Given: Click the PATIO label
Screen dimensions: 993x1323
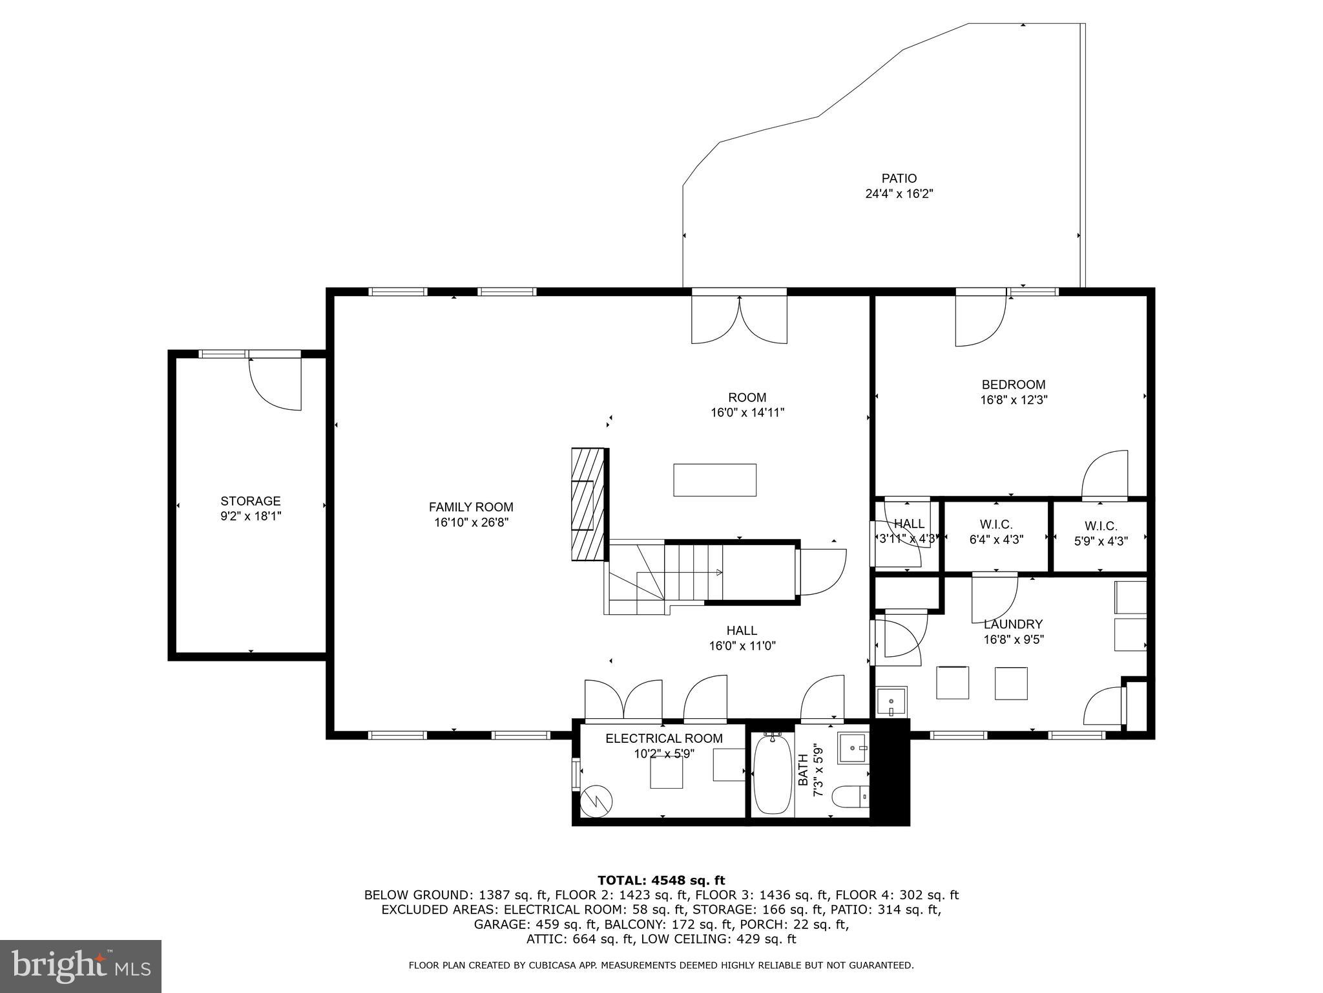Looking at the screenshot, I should (x=899, y=178).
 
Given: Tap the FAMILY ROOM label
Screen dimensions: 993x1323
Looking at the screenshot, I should (x=471, y=507).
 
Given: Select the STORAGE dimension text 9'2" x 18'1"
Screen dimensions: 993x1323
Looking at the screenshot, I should (x=251, y=516).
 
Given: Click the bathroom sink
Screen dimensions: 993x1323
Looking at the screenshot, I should (x=853, y=749).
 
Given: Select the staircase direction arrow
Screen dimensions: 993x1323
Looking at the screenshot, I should (x=718, y=572).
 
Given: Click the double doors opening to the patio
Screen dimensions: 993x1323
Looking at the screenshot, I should (x=739, y=319).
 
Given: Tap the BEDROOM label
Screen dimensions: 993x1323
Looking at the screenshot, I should (x=1013, y=385).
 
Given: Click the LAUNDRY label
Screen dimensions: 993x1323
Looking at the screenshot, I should (x=1013, y=625).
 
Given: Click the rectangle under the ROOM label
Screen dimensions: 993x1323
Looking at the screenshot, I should (x=714, y=480).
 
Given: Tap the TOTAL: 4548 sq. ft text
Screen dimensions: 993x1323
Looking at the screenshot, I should (x=661, y=881).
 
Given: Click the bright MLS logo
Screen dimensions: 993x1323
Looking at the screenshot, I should (x=80, y=965).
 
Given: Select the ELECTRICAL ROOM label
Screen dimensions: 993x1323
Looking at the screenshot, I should (x=663, y=738).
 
